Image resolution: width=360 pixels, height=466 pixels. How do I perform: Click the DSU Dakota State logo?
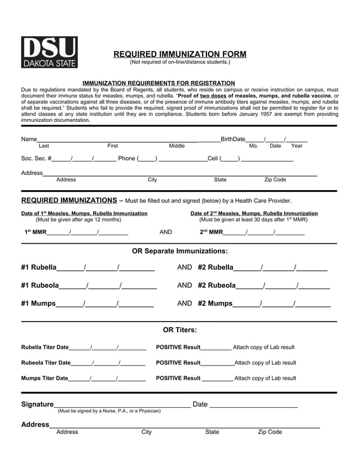tap(49, 52)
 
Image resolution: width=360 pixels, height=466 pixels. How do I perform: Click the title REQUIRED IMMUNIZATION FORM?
tap(180, 54)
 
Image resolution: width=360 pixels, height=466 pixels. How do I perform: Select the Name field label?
tap(29, 139)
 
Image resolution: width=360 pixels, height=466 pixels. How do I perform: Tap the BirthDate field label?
tap(232, 139)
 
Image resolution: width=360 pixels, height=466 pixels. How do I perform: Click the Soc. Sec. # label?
tap(36, 159)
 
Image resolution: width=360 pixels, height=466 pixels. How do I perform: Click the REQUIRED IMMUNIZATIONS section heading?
tap(69, 200)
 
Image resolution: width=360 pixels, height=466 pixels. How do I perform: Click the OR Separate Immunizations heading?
tap(180, 251)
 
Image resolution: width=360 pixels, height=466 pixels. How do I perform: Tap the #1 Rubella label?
tap(38, 267)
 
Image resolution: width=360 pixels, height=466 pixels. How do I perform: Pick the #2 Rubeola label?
tap(217, 285)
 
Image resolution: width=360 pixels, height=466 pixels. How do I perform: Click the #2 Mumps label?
tap(215, 304)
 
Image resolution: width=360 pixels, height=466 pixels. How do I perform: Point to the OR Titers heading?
tap(180, 330)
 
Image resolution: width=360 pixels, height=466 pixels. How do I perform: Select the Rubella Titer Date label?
tap(45, 348)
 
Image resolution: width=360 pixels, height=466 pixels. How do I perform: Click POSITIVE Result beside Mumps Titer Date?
tap(178, 379)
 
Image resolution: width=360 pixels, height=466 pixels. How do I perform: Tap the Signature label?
tap(37, 405)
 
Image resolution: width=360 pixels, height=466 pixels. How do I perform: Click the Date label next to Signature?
tap(200, 405)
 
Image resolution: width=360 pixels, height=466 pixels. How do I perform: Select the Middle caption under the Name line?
tap(177, 146)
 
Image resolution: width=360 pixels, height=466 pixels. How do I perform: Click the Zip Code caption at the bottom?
tap(270, 432)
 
